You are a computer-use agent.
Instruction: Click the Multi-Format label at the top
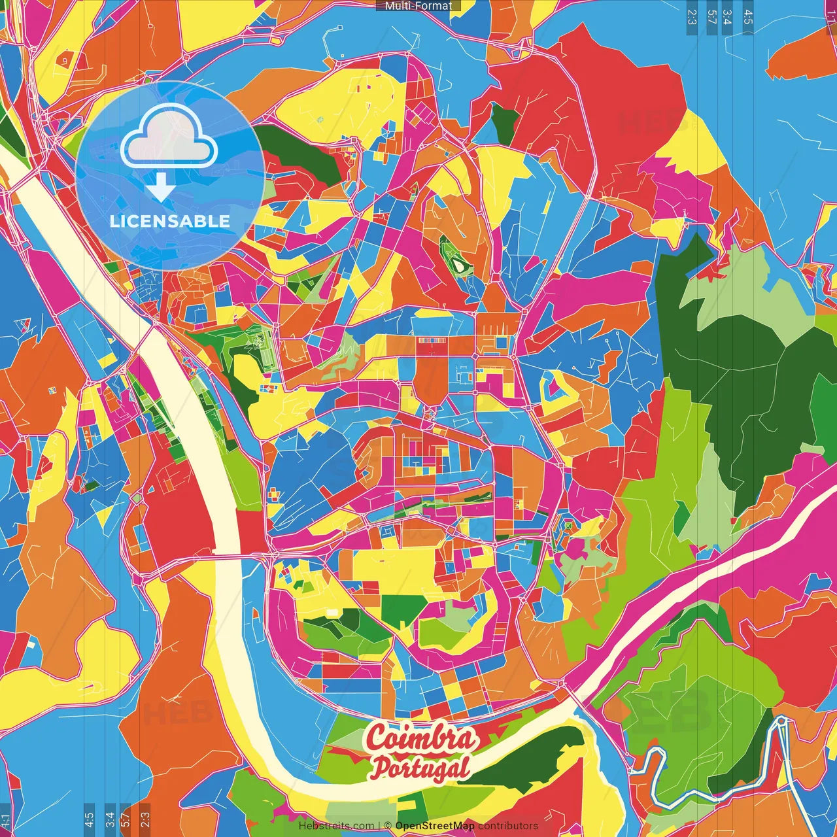point(418,6)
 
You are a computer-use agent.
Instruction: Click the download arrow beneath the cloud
point(160,188)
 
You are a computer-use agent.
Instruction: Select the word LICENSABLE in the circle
point(170,221)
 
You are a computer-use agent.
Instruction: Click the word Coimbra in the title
point(421,738)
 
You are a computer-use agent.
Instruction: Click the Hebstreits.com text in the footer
point(336,826)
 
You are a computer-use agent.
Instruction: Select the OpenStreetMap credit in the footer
point(434,826)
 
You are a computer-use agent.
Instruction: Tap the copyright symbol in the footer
point(388,826)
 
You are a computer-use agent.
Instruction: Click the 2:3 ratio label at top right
point(692,17)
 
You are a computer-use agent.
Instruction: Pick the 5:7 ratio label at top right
point(712,17)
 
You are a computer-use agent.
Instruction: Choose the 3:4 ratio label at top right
point(728,17)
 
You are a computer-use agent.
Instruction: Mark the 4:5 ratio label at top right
point(748,17)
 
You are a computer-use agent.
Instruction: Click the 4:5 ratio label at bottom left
point(89,819)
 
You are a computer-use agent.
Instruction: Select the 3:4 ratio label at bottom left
point(109,819)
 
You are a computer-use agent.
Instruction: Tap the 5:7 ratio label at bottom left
point(126,819)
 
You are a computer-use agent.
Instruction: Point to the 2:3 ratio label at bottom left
point(145,819)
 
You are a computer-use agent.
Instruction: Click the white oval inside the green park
point(460,265)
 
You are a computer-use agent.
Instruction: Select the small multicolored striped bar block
point(430,341)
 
